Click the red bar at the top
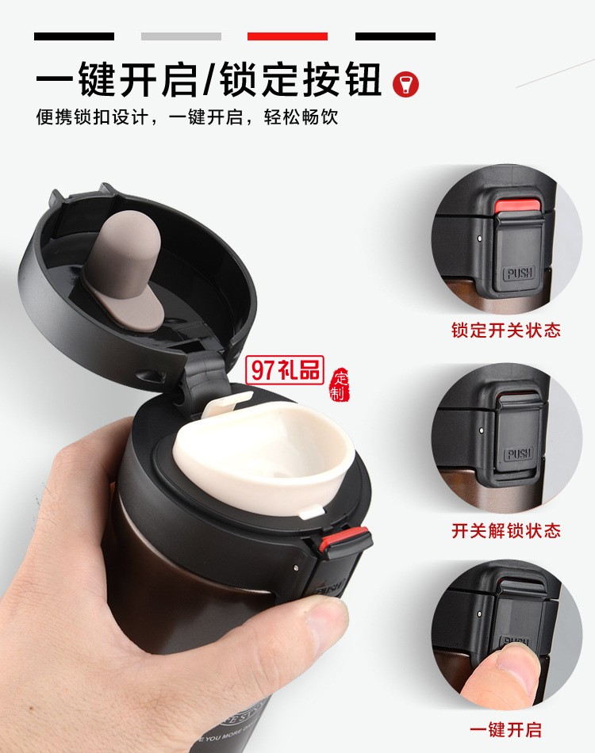(287, 36)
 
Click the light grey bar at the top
(181, 36)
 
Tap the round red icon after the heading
(406, 83)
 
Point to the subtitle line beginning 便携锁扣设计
(187, 117)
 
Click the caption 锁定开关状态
(506, 330)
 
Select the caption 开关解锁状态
(506, 530)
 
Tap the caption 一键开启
(506, 730)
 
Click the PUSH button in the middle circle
(519, 453)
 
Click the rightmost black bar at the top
(395, 36)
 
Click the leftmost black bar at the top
(74, 36)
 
